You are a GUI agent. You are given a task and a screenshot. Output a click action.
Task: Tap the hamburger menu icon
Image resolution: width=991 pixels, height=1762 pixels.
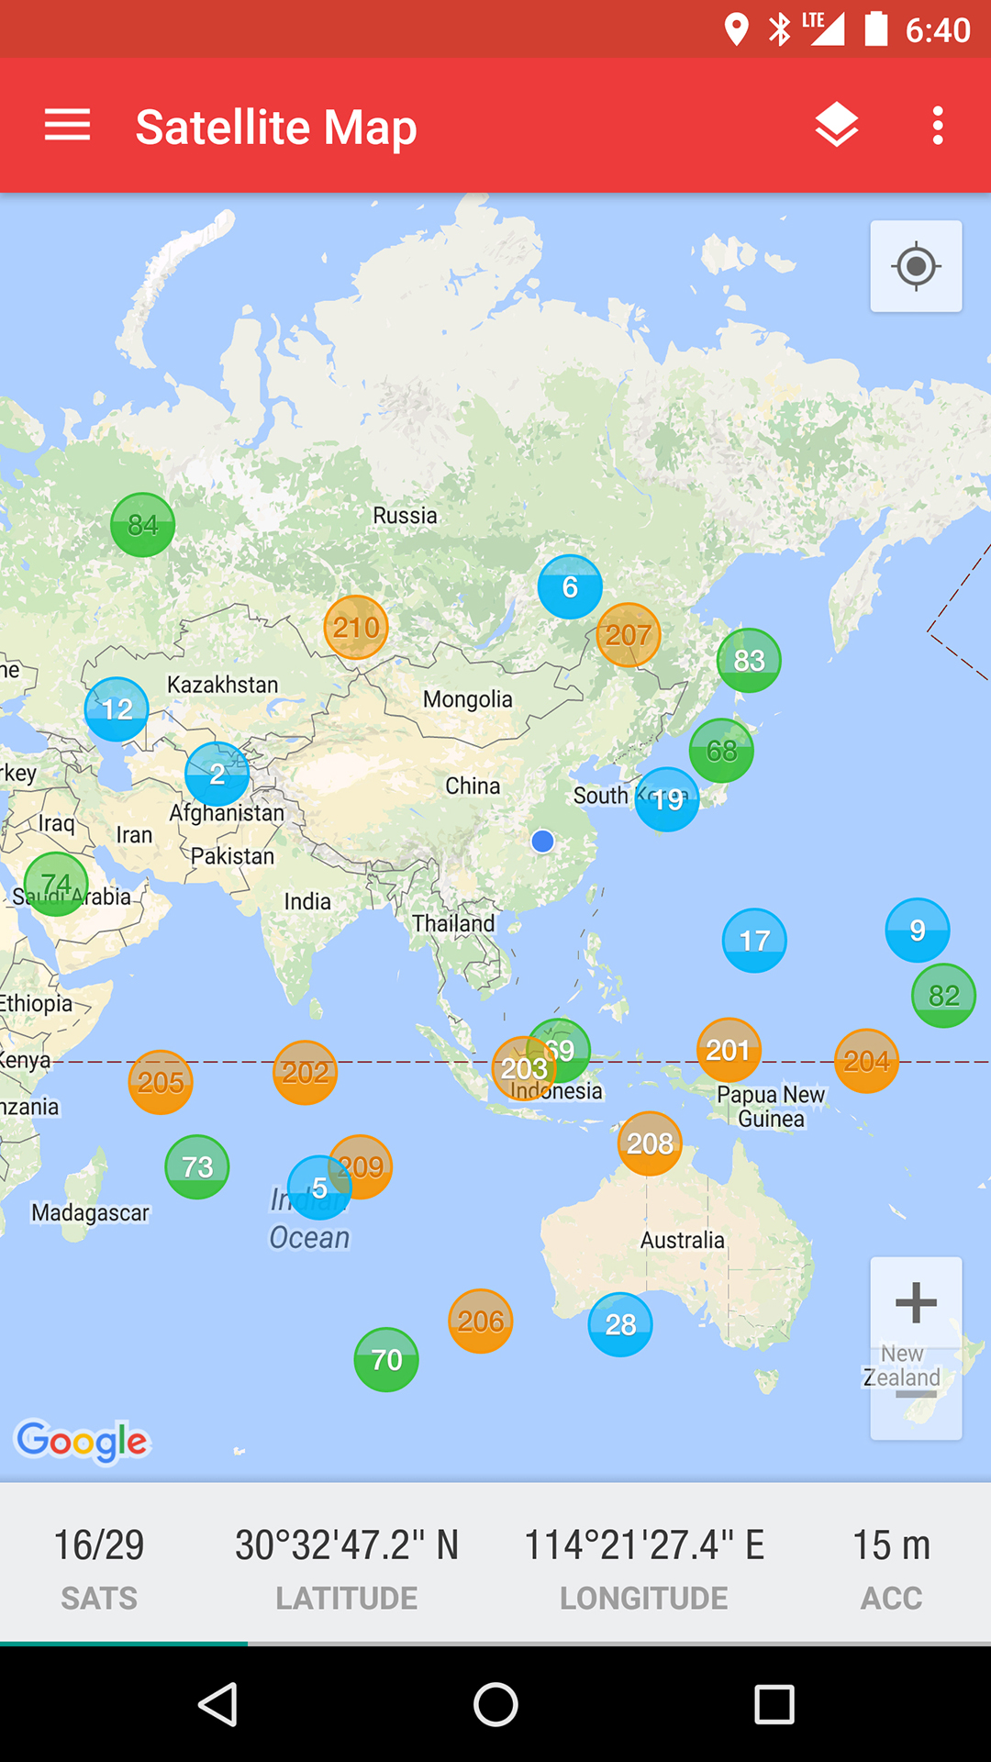(67, 125)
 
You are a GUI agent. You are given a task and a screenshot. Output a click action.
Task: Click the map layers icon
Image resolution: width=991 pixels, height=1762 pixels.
(836, 125)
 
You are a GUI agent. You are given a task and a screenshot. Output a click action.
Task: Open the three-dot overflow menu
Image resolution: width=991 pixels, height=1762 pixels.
(937, 125)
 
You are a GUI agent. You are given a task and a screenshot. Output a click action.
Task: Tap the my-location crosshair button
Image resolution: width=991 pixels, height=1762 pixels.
(916, 267)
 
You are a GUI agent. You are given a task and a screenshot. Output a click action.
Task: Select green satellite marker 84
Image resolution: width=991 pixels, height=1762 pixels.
(142, 525)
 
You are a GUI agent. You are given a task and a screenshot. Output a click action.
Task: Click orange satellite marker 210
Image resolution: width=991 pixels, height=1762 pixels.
(356, 628)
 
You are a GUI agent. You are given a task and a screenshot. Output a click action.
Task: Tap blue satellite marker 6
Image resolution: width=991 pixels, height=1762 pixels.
(570, 587)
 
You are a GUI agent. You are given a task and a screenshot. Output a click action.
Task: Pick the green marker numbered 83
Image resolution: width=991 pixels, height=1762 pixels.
(749, 660)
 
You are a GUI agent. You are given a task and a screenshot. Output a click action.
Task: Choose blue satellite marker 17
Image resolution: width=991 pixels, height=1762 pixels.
(754, 941)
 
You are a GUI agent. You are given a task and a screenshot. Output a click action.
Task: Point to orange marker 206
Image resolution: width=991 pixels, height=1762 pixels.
(481, 1321)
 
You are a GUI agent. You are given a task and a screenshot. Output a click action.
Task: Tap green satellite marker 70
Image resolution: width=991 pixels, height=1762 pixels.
(386, 1359)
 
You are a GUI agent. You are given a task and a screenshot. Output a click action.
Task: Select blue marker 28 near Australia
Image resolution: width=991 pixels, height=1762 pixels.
(620, 1324)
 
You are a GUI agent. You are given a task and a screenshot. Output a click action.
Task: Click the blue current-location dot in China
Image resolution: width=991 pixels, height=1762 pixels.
(542, 841)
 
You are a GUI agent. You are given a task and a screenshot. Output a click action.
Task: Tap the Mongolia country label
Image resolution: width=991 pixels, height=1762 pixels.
(468, 699)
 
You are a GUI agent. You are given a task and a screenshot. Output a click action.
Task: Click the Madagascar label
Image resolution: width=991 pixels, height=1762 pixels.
(90, 1212)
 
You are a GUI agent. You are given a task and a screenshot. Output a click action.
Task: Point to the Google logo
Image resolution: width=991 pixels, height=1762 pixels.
(83, 1442)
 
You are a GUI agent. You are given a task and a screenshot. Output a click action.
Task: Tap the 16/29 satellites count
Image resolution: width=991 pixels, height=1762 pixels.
(99, 1545)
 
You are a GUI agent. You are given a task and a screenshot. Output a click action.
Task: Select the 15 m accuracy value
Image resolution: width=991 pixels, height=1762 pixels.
(891, 1545)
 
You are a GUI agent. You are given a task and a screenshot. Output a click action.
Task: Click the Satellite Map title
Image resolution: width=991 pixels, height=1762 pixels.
(276, 127)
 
